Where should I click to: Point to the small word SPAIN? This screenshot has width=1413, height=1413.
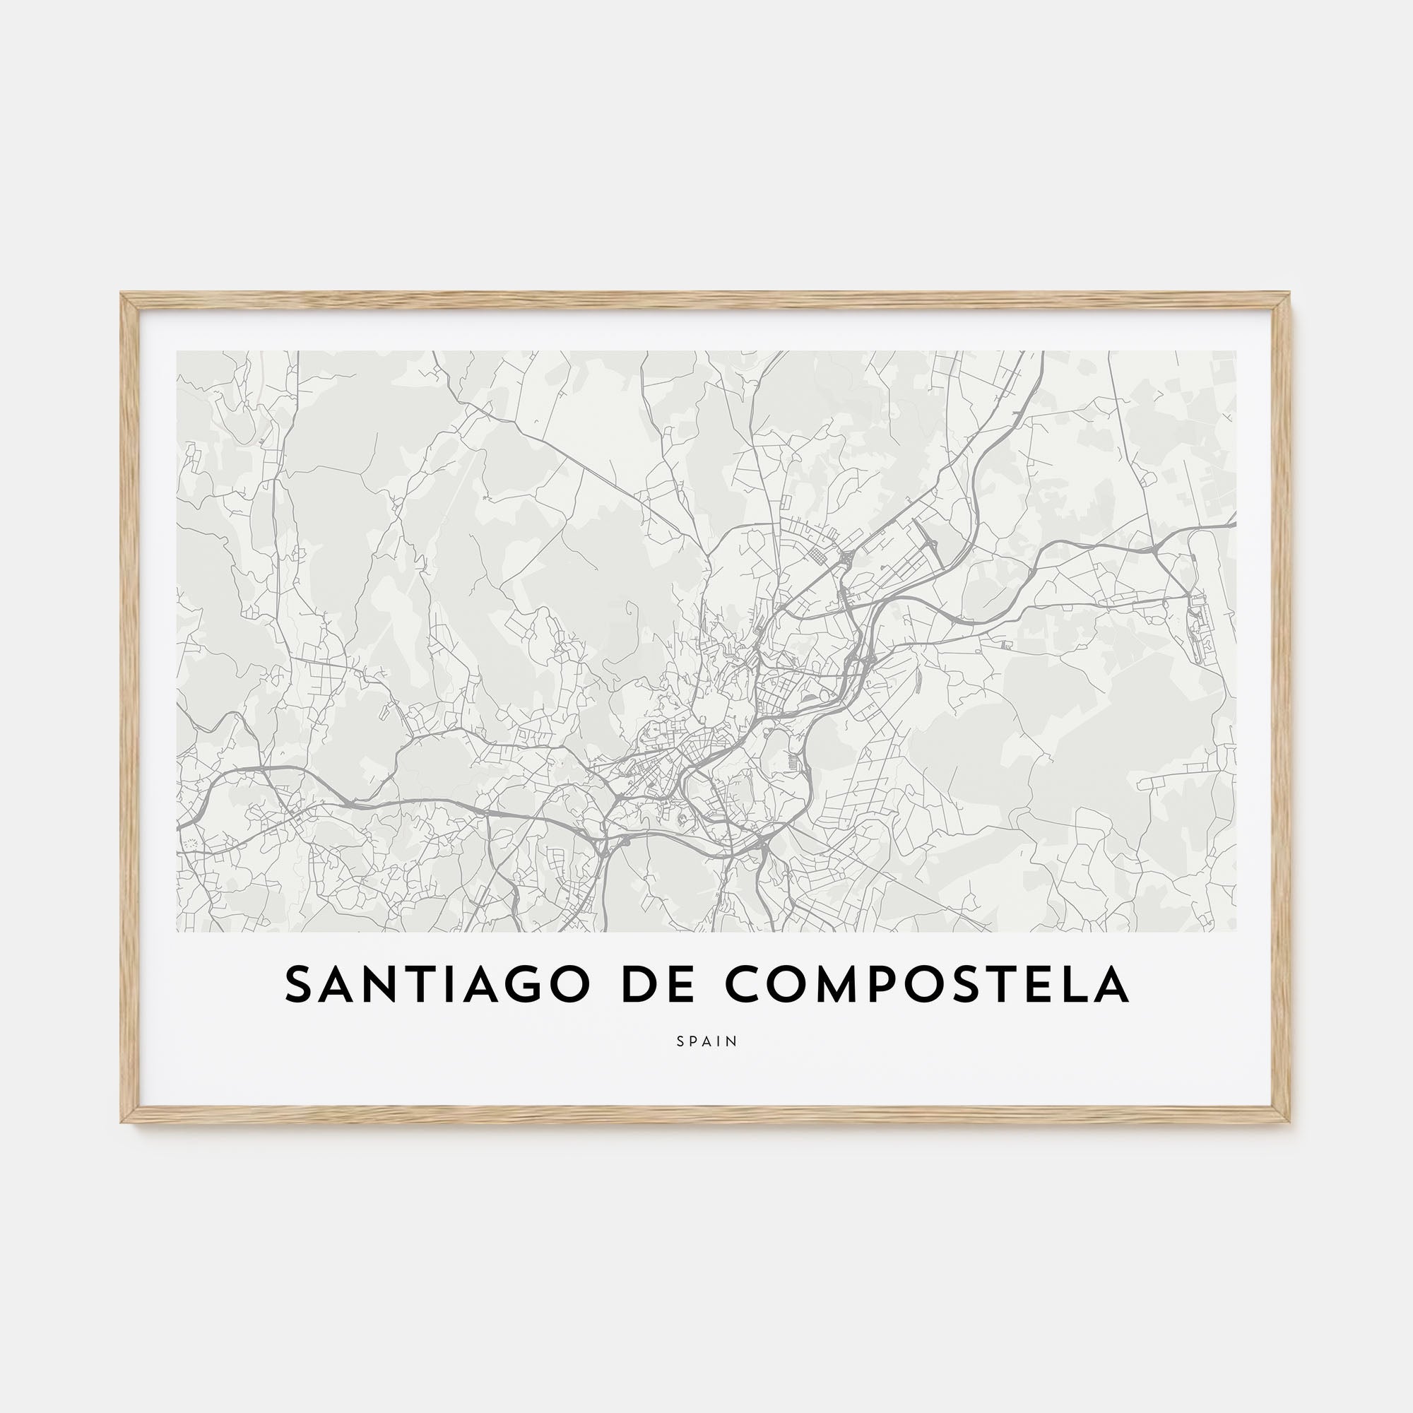[x=706, y=1041]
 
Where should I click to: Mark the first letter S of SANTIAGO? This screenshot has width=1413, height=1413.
[x=299, y=985]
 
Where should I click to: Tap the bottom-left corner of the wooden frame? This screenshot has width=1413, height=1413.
[x=123, y=1121]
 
